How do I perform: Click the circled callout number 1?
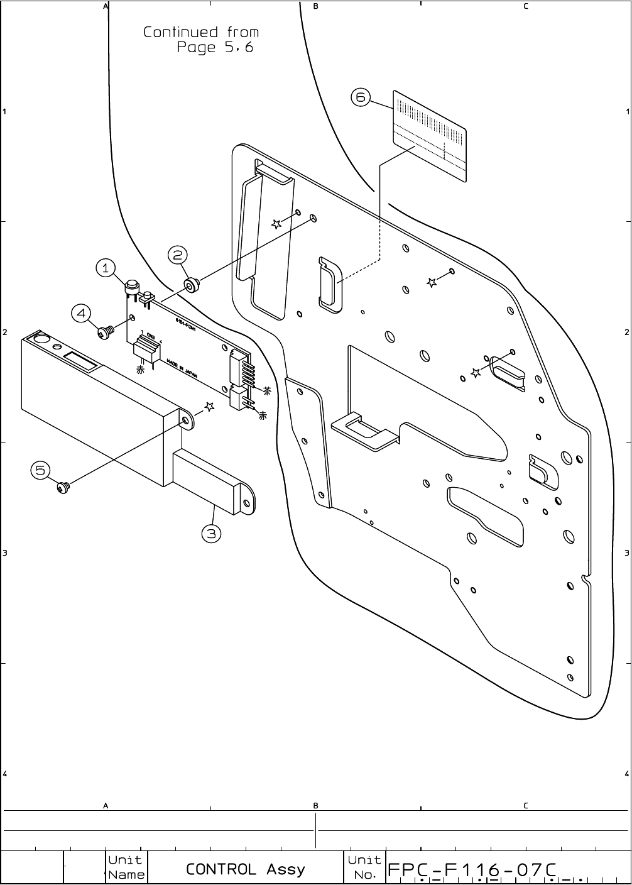[x=106, y=268]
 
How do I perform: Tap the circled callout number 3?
[x=211, y=534]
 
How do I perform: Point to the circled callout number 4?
[x=81, y=312]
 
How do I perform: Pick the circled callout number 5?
[x=40, y=470]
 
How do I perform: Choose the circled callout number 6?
[x=361, y=97]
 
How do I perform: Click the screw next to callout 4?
[x=106, y=331]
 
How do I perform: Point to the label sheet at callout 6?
[x=430, y=136]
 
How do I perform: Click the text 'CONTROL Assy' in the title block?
[x=245, y=869]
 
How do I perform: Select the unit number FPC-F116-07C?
[x=472, y=870]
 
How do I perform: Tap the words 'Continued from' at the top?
[x=201, y=32]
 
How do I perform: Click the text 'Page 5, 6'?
[x=215, y=48]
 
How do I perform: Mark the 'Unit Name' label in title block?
[x=126, y=867]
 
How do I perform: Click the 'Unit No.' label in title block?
[x=364, y=867]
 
